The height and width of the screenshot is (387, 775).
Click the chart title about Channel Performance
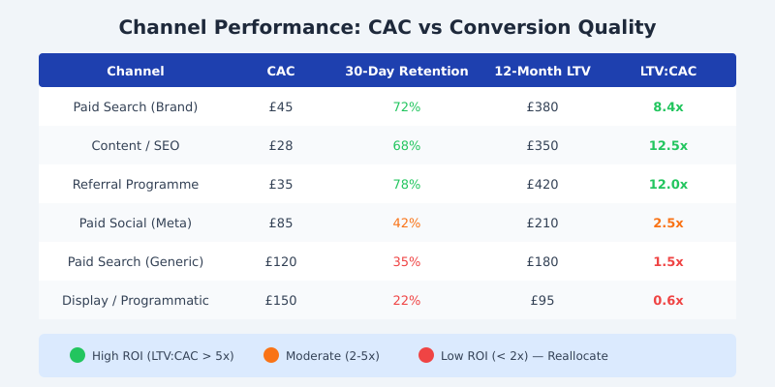click(387, 27)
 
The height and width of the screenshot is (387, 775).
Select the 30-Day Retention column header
click(407, 71)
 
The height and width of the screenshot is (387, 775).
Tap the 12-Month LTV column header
click(542, 71)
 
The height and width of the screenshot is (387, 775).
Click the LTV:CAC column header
click(668, 71)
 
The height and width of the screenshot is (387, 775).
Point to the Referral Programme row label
click(136, 184)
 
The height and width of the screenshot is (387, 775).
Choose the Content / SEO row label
click(136, 145)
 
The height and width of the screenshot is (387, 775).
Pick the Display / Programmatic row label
click(136, 300)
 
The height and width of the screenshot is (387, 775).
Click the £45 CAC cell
click(281, 106)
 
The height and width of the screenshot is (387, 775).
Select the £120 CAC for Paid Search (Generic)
click(281, 261)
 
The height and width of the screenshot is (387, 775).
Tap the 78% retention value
click(407, 184)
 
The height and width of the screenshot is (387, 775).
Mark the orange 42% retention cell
click(407, 223)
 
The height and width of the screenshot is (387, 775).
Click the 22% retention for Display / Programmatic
click(407, 300)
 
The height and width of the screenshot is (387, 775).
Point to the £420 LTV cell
click(542, 184)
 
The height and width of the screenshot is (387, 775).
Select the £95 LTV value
click(542, 300)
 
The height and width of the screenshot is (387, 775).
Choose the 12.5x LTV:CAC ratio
click(668, 145)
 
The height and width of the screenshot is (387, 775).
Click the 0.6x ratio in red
click(668, 300)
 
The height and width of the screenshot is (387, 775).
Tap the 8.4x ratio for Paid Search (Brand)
click(668, 106)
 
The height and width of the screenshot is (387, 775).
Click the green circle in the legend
click(77, 355)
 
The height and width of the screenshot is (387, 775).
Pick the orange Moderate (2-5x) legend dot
click(271, 355)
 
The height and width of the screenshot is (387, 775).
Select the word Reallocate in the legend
click(577, 356)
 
